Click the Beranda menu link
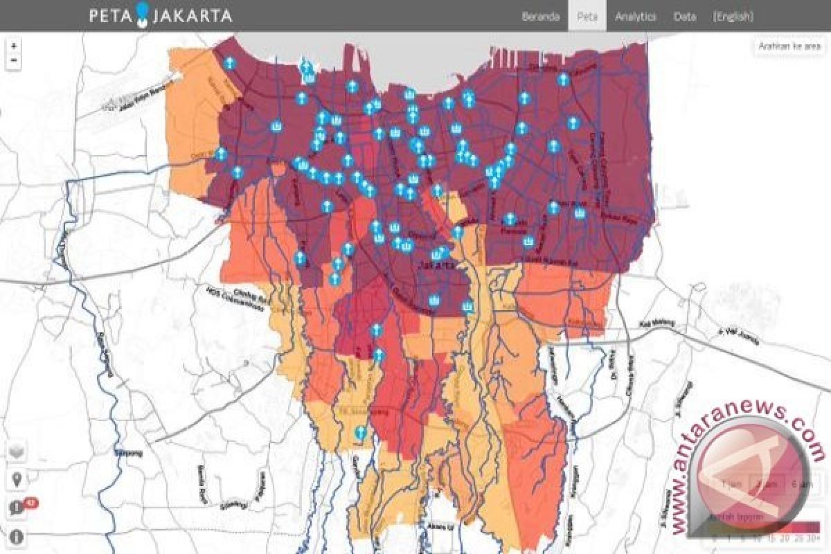[540, 17]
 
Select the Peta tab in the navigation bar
[587, 17]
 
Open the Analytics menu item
[635, 17]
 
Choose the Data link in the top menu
[684, 17]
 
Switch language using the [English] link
[733, 17]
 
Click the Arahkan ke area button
[789, 46]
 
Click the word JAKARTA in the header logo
[191, 15]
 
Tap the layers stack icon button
[16, 451]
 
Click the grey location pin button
[16, 479]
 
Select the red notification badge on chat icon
[30, 502]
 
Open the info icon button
[16, 536]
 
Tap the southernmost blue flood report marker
[359, 434]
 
